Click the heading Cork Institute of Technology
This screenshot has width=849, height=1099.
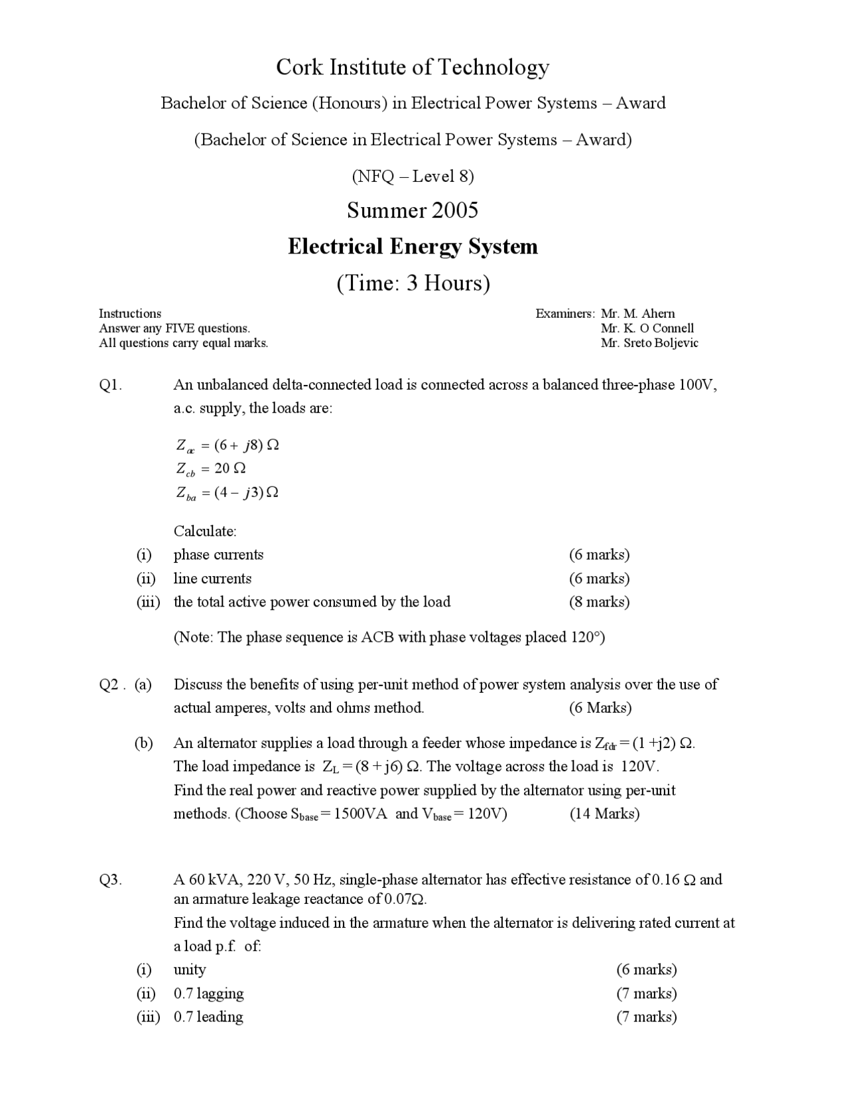413,67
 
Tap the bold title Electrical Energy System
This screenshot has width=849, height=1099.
413,247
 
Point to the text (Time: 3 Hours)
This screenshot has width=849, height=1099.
413,283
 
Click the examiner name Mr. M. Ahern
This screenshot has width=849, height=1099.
637,314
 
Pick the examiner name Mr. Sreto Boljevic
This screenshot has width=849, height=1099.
649,343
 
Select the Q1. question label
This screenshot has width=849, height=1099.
110,386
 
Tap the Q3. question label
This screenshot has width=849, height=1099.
110,880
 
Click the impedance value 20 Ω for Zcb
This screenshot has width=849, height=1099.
230,469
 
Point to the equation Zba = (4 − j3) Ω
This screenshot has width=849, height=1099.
227,492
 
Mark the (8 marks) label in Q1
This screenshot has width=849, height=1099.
599,602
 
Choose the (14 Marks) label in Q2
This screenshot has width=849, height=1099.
604,814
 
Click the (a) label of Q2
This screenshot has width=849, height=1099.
143,684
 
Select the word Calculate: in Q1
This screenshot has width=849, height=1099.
205,531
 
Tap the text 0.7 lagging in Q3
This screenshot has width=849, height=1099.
208,993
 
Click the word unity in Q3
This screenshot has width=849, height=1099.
190,970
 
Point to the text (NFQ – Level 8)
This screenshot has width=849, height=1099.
413,176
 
